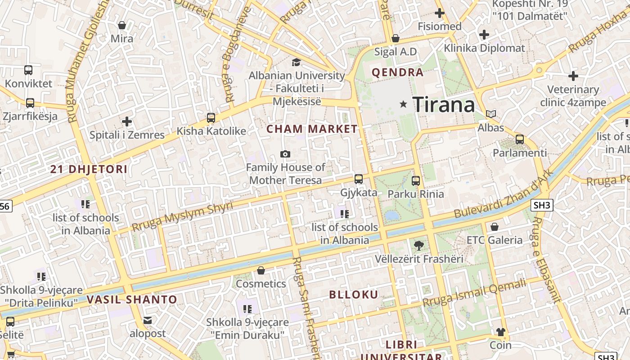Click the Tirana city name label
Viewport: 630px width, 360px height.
[x=443, y=104]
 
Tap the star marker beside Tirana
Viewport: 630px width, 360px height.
[x=403, y=104]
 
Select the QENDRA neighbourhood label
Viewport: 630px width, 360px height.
[x=397, y=72]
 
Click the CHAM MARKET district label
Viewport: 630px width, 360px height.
[x=312, y=129]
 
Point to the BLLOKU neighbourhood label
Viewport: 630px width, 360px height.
[x=354, y=295]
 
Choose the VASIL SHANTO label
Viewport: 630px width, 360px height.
[x=132, y=299]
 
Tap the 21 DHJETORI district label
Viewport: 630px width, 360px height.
[x=89, y=170]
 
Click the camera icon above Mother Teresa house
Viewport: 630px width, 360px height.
[x=285, y=154]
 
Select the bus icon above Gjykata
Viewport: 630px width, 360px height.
[x=359, y=179]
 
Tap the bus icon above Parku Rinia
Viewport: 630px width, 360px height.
[x=416, y=181]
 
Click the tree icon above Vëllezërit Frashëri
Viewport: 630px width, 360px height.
[x=418, y=246]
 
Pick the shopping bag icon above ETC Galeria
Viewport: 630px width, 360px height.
[x=495, y=227]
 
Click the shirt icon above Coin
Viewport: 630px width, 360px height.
[x=501, y=332]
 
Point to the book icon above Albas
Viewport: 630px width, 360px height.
[x=491, y=114]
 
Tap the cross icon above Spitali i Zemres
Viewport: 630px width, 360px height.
[x=127, y=121]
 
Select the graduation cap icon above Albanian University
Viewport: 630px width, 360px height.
[x=296, y=62]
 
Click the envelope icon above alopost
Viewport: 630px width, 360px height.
[x=148, y=320]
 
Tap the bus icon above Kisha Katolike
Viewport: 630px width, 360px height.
[x=211, y=118]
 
